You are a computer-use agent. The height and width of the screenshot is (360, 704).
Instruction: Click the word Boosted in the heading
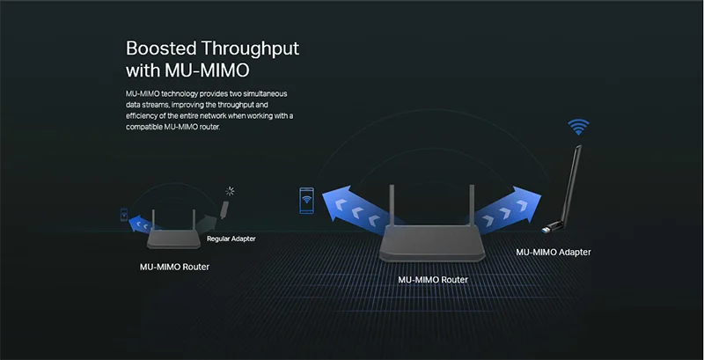pos(161,48)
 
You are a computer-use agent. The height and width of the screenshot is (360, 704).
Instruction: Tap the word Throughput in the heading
pos(250,49)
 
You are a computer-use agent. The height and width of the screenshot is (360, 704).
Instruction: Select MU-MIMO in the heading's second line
pos(208,70)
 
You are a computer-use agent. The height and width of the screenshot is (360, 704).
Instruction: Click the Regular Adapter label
pos(231,239)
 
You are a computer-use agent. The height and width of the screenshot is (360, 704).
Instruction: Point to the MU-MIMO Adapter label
pos(554,253)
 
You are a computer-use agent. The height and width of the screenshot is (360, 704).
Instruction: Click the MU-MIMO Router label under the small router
pos(174,267)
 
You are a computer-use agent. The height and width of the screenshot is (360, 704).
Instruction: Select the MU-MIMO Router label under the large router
pos(433,280)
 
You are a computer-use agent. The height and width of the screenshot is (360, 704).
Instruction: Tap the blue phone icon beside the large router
pos(306,200)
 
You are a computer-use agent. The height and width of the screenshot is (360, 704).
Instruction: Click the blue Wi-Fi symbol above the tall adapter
pos(578,127)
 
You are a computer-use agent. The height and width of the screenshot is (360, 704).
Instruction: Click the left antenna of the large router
pos(392,206)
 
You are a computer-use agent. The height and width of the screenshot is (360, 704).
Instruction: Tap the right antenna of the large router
pos(472,206)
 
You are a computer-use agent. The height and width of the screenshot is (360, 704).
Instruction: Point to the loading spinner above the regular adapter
pos(230,192)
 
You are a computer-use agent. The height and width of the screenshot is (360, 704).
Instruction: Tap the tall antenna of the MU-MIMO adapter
pos(571,184)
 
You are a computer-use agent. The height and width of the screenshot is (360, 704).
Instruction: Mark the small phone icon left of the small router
pos(124,215)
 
